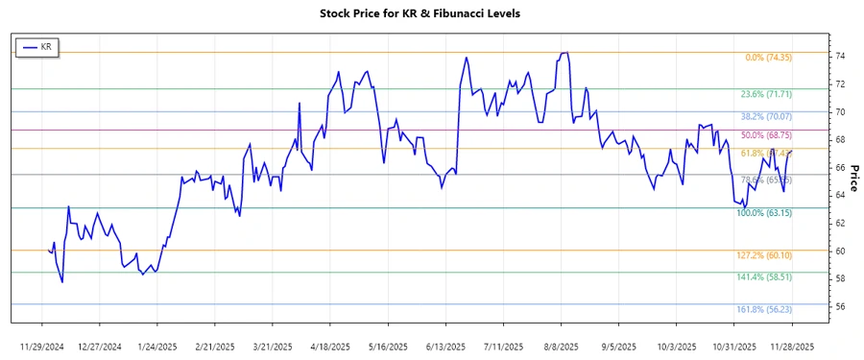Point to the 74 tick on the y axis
point(838,57)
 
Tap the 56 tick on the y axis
point(838,306)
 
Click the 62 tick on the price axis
point(838,224)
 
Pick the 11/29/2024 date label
point(41,346)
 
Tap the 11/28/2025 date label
point(794,346)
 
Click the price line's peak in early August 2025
point(565,53)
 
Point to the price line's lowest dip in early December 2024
point(62,282)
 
